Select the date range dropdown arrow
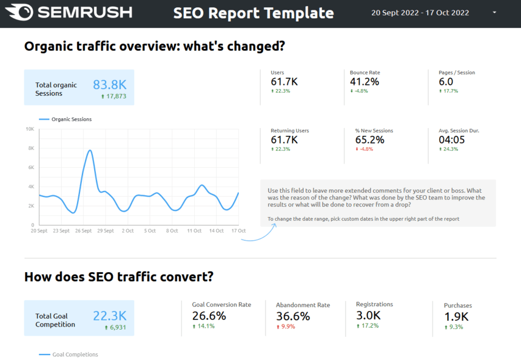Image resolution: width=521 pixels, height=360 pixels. (494, 13)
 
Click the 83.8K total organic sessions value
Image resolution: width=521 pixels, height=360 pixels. (109, 85)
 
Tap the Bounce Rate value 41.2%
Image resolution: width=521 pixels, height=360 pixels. (365, 81)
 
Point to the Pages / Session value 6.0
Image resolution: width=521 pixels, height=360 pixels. (446, 81)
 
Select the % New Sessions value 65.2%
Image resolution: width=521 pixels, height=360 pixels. (369, 139)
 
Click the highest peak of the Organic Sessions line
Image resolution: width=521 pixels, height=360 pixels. (90, 150)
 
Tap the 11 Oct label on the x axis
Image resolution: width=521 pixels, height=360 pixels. (194, 231)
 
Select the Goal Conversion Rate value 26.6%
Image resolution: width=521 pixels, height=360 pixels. (209, 316)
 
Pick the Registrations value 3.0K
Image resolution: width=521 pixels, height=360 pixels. (368, 315)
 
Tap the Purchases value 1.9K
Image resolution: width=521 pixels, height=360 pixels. (456, 316)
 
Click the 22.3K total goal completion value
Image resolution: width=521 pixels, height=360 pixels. (109, 316)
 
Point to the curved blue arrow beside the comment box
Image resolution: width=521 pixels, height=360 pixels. (258, 233)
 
